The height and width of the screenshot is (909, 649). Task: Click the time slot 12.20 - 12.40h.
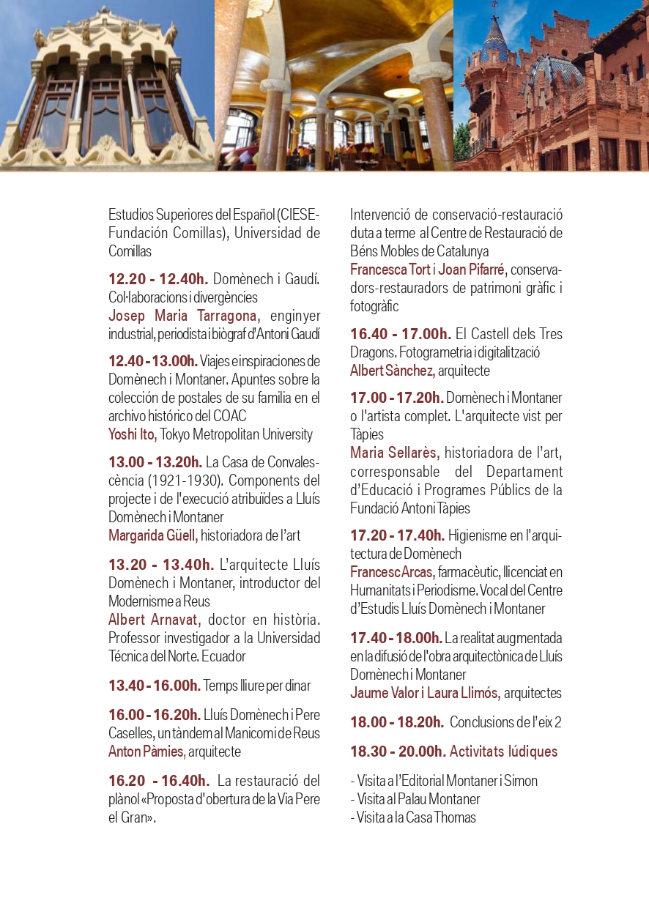[x=158, y=279]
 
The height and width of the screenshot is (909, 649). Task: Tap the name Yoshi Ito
[x=133, y=434]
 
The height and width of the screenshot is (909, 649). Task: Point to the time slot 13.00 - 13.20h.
[x=155, y=462]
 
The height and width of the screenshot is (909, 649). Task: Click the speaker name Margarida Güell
[x=153, y=535]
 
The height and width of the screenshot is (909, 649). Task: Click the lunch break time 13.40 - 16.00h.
[x=155, y=686]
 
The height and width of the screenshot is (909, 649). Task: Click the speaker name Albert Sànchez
[x=393, y=371]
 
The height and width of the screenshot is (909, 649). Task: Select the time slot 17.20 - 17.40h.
[x=397, y=535]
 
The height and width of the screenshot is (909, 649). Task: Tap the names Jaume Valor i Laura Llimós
[x=425, y=692]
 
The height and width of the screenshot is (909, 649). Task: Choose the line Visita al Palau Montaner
[x=415, y=799]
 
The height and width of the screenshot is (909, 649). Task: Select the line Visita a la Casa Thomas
[x=413, y=817]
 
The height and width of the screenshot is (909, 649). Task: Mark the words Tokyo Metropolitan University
[x=237, y=434]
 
